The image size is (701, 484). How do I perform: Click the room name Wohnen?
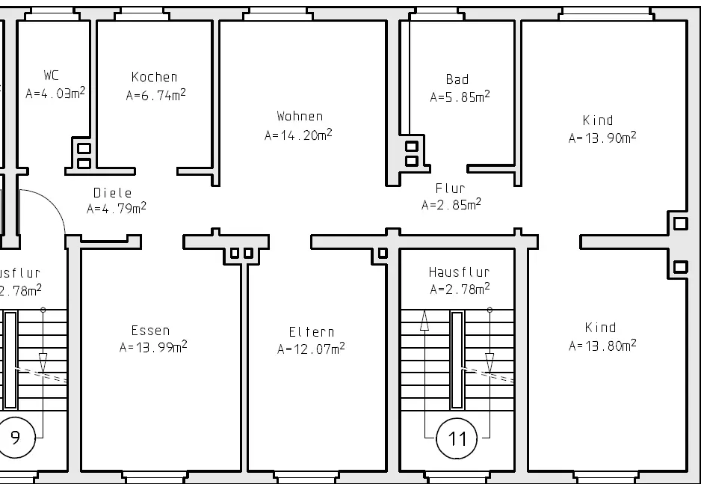(300, 116)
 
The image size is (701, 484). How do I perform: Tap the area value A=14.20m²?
(298, 134)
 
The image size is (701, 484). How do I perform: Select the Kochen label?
(154, 77)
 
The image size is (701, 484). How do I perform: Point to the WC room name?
(52, 75)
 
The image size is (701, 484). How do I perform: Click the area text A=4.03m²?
(55, 93)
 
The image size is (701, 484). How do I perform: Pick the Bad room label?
(457, 79)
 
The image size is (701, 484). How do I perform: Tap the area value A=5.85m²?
(460, 97)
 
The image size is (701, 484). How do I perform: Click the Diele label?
(113, 193)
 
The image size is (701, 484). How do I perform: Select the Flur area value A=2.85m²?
(451, 204)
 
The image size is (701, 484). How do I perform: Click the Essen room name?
(150, 331)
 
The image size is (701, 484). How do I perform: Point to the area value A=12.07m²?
(311, 348)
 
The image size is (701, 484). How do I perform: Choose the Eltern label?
(311, 332)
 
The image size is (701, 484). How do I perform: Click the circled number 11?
(457, 438)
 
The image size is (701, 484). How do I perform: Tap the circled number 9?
(15, 438)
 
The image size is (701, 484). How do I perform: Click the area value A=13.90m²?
(602, 138)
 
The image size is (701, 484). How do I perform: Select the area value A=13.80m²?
(602, 345)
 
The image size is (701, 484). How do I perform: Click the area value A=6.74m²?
(155, 95)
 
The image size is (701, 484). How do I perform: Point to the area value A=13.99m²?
(153, 346)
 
